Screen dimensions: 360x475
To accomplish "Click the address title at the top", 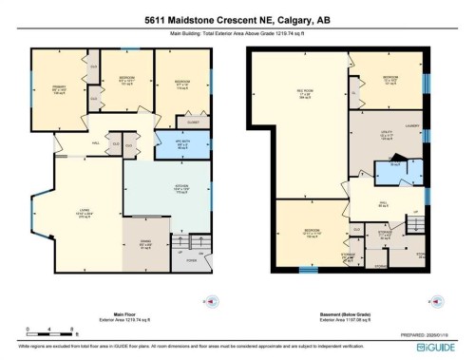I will click(x=237, y=19).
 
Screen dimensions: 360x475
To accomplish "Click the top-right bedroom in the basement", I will click(x=389, y=78).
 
